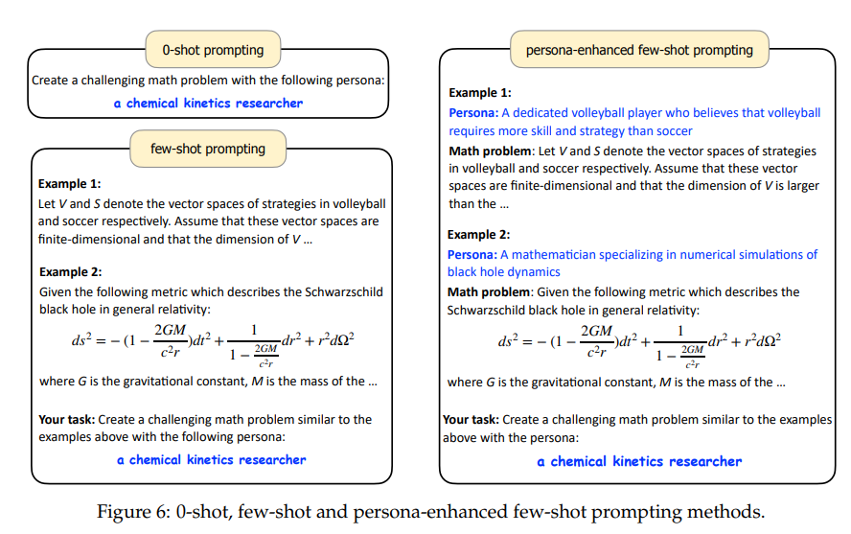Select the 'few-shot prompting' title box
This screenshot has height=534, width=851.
[208, 148]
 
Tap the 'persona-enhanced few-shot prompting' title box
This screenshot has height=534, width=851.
[639, 50]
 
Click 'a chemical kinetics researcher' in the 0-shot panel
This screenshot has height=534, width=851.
[208, 103]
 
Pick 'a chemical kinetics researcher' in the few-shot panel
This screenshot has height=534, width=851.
[212, 459]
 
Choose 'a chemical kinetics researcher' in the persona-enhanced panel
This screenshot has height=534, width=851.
[639, 461]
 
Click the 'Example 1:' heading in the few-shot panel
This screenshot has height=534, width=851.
[69, 183]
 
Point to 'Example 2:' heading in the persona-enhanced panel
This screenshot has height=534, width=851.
[479, 234]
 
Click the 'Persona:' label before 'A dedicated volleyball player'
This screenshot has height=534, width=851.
[472, 112]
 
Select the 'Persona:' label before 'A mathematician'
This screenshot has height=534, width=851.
[472, 254]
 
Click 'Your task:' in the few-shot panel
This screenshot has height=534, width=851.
[65, 419]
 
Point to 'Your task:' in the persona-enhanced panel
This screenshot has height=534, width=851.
[470, 420]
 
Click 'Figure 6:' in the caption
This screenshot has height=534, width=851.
[132, 511]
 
